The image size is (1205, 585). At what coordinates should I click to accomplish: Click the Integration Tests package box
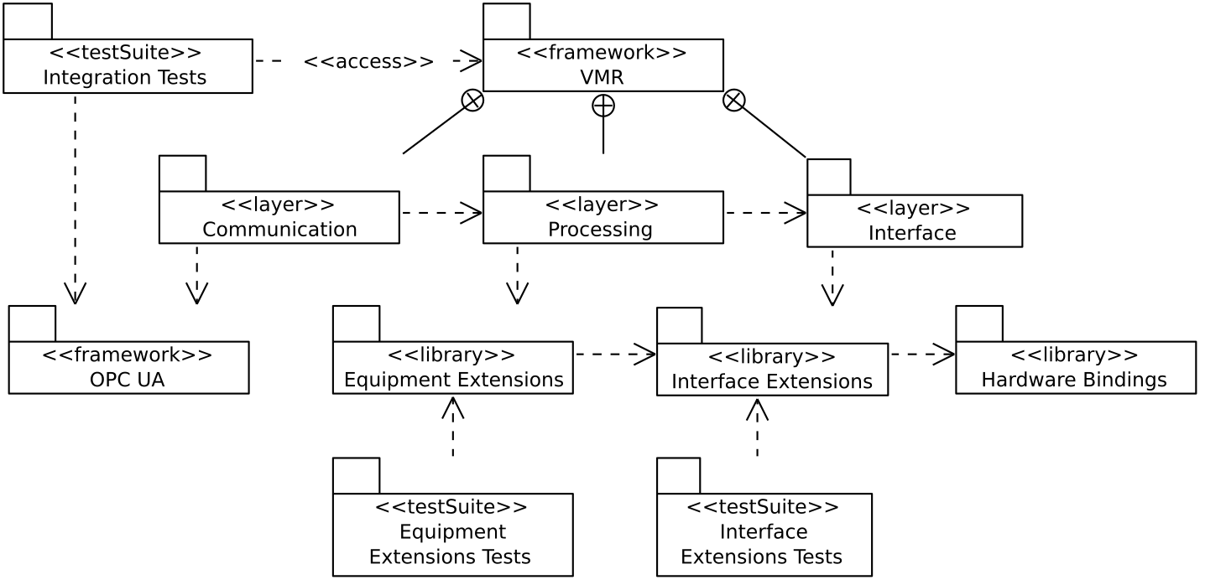click(128, 66)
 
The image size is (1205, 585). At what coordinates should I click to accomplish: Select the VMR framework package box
click(602, 65)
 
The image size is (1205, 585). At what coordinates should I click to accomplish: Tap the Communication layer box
click(279, 218)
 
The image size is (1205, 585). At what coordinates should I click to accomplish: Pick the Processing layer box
click(602, 218)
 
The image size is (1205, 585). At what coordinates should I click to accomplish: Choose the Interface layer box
click(914, 221)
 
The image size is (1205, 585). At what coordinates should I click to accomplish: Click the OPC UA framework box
click(128, 367)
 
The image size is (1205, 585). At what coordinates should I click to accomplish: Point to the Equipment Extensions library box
click(452, 367)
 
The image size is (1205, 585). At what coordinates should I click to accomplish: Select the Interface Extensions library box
click(772, 370)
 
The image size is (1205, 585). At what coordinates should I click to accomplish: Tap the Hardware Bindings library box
click(1075, 367)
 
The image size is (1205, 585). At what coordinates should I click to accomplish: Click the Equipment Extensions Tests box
click(452, 534)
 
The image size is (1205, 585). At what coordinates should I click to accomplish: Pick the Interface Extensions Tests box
click(764, 534)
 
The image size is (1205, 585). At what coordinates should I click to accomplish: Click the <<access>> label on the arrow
click(368, 61)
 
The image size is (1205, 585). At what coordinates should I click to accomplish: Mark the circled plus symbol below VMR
click(603, 105)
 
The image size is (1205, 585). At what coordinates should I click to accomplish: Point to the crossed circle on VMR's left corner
click(472, 101)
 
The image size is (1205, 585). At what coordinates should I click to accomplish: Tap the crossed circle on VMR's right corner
click(734, 101)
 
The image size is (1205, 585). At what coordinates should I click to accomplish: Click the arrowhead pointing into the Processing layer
click(472, 213)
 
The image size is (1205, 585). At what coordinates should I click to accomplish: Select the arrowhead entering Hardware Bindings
click(945, 355)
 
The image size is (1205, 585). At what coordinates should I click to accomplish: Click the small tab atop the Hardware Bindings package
click(978, 324)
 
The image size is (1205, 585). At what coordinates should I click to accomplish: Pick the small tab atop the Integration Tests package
click(28, 21)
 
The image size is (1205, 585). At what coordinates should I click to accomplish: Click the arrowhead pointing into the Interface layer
click(796, 213)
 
